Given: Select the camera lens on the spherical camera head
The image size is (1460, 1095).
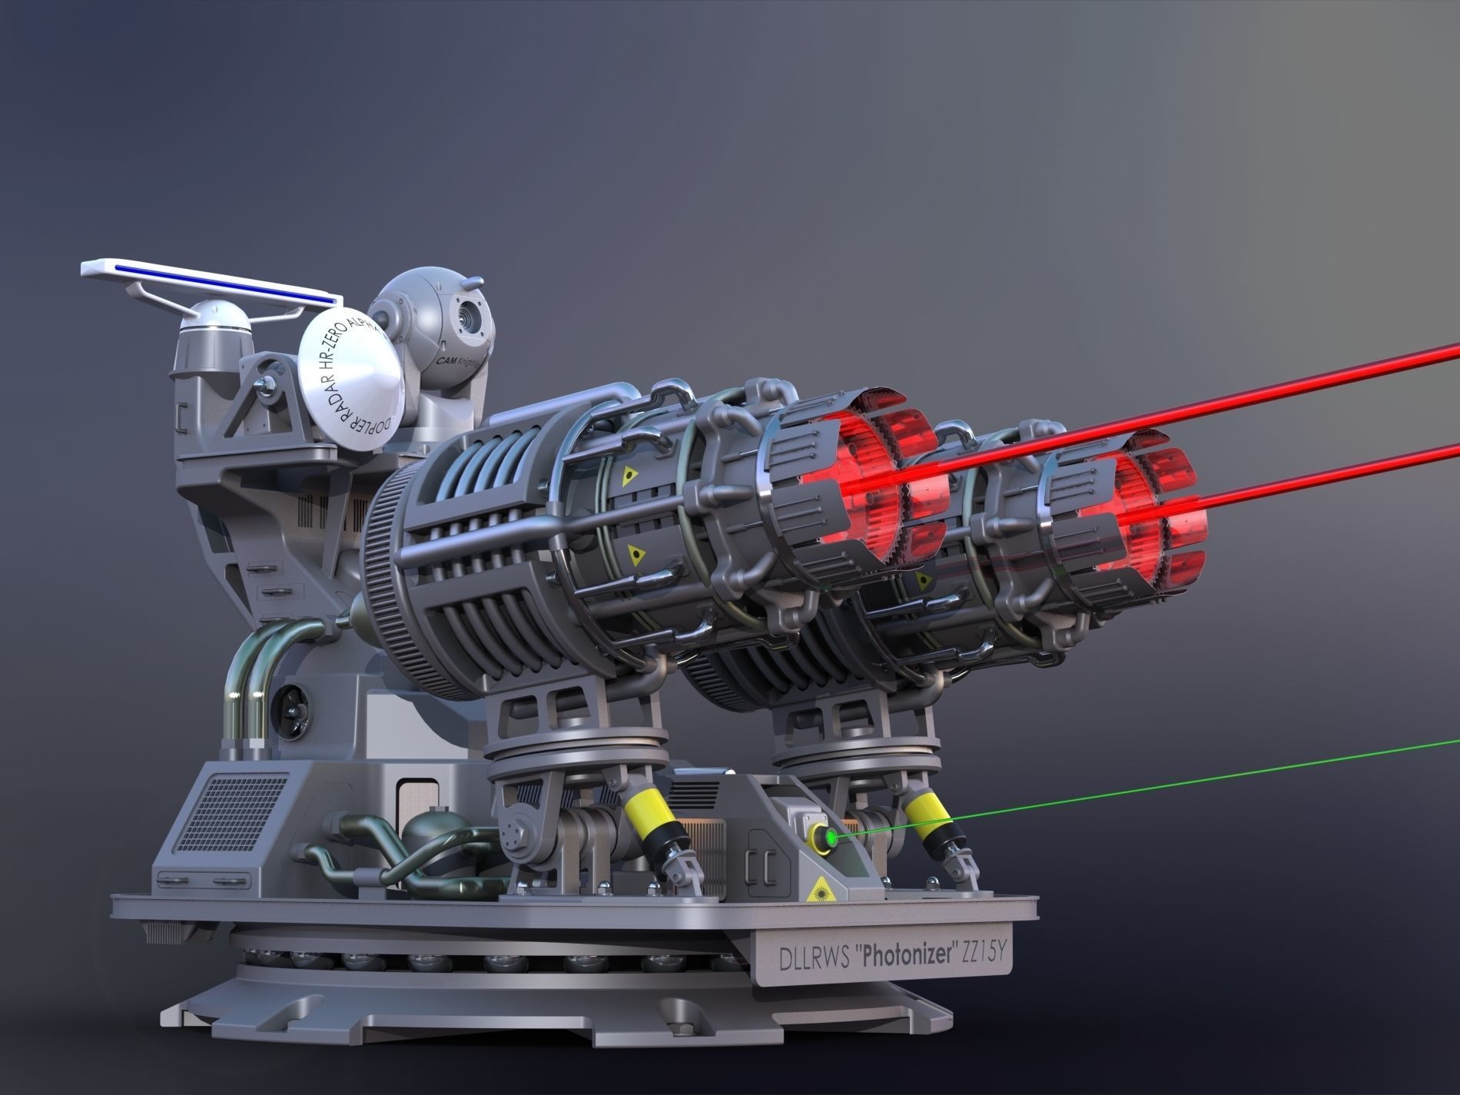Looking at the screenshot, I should coord(468,315).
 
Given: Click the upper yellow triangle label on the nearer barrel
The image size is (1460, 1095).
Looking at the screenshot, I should coord(629,476).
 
